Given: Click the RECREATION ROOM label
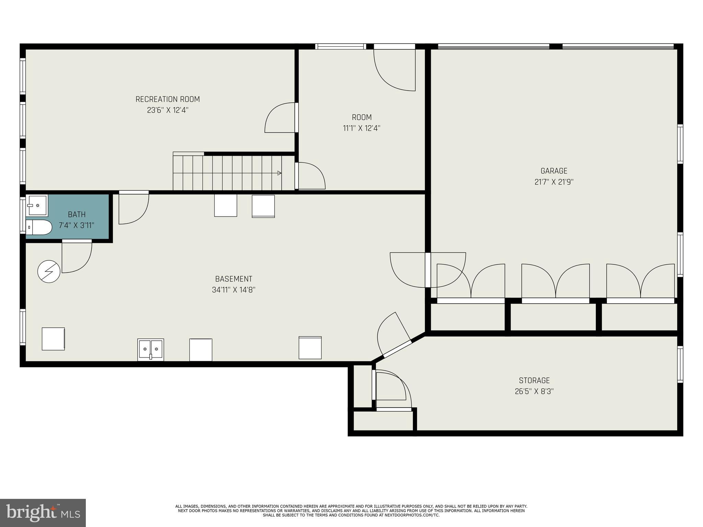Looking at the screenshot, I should coord(168,99).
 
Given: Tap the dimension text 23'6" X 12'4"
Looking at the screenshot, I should coord(168,110).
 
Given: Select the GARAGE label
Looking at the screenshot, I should coord(554,171).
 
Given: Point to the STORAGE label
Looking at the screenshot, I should coord(534,380).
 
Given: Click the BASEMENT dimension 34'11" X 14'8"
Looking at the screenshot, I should coord(233,290).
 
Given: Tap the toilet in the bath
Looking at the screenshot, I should coord(38,227).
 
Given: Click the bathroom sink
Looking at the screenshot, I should coord(37,206).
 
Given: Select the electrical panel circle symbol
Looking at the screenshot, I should coord(49,271).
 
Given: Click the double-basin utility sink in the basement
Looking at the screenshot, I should coord(151,349).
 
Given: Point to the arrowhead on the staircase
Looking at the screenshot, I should coord(279,173).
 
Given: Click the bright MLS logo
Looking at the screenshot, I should coord(43,513).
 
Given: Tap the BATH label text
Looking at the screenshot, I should coord(77,214).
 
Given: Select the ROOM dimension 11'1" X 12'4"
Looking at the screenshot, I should coord(361,128).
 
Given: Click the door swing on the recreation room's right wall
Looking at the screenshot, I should coord(280,118).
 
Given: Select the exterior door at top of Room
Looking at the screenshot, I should coord(395,69).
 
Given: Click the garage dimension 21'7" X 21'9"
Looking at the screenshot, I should coord(554,182).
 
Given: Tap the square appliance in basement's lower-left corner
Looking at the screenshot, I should coord(53,339).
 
